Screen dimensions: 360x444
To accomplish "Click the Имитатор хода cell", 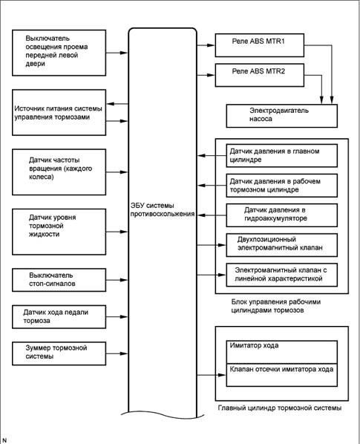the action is (281, 352).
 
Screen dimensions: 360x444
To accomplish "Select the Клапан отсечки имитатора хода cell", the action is (281, 375).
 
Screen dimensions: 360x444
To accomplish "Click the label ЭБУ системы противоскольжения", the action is (163, 210).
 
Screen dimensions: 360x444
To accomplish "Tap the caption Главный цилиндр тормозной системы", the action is (280, 408).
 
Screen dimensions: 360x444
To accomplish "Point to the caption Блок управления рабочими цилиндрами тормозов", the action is (276, 306).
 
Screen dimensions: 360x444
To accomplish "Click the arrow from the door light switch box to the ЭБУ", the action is (117, 53).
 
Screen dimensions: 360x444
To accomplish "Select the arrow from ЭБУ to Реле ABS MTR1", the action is (206, 45).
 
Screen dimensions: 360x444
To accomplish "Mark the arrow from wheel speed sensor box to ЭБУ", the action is (117, 172).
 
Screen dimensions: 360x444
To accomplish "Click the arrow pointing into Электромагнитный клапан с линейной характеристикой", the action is (212, 275).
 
